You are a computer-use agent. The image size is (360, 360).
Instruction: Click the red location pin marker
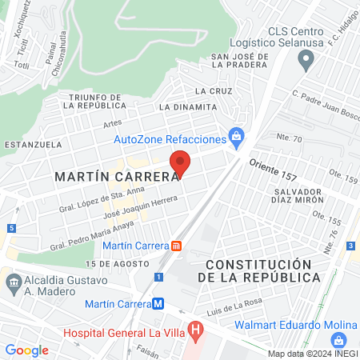180,162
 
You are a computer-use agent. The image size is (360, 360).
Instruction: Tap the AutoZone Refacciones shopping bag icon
236,138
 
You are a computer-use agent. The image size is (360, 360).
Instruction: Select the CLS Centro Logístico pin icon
305,58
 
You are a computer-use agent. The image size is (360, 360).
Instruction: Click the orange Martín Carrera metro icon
178,246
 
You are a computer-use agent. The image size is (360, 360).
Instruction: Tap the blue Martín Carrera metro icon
159,304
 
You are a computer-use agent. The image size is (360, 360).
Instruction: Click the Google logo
27,350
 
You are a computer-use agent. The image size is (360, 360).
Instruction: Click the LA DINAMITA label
187,106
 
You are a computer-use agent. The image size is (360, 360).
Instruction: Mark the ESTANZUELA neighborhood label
33,145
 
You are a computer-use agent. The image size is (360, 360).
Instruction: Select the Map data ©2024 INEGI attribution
313,354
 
